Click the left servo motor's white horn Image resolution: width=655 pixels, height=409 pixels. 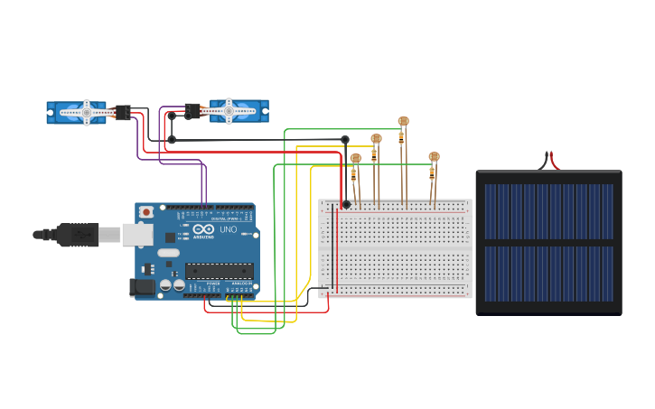click(87, 112)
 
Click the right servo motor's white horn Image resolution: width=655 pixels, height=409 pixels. click(229, 111)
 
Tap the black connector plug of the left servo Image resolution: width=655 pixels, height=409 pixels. click(123, 112)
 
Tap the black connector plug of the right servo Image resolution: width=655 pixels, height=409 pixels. click(193, 110)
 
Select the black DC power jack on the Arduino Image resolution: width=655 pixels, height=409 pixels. click(142, 287)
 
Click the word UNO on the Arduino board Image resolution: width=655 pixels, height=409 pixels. click(229, 229)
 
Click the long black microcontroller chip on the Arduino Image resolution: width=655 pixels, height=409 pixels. click(219, 270)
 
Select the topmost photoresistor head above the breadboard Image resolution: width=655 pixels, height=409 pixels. click(403, 121)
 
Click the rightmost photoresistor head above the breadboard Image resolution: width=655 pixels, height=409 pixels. click(434, 157)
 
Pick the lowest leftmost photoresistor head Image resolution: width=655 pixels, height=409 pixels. click(355, 159)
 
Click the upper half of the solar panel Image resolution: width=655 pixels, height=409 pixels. click(548, 210)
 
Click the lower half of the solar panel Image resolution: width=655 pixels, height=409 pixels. click(548, 274)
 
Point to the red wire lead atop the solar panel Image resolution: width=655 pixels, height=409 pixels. click(554, 163)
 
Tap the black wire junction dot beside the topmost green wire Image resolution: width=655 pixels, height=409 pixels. click(345, 139)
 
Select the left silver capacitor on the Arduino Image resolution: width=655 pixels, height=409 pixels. click(165, 285)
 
